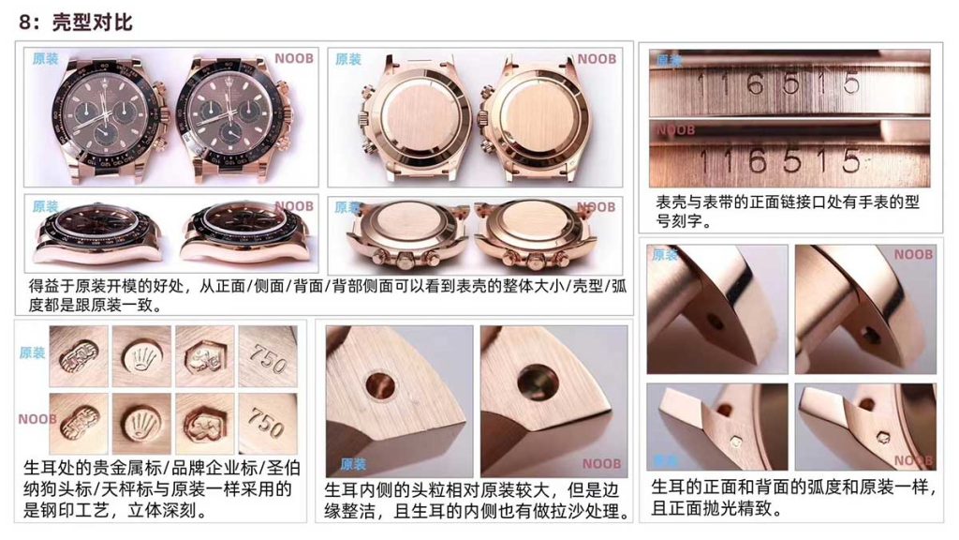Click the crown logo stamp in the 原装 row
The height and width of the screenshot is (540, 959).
point(141,354)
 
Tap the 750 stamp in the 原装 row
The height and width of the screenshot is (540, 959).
point(267,354)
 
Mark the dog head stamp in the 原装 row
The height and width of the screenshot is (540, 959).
point(203,354)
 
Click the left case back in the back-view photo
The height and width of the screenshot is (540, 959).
point(411,116)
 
